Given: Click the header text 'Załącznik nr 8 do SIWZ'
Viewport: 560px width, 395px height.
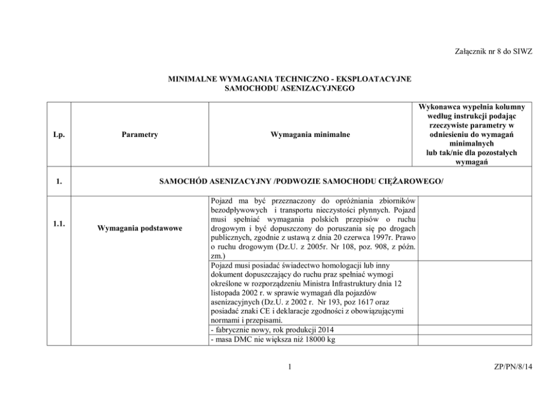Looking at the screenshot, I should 493,52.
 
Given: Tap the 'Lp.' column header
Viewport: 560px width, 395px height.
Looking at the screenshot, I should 58,135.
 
